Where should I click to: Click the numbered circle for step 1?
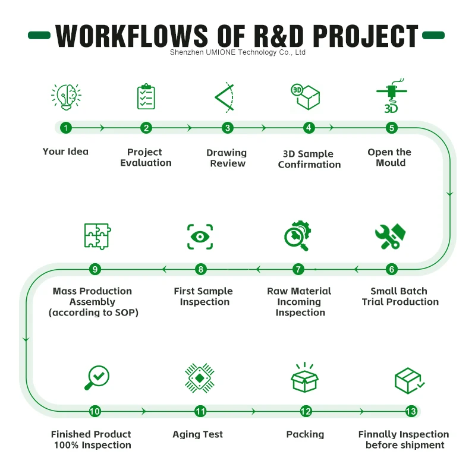click(x=65, y=128)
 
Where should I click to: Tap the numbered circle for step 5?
click(x=391, y=128)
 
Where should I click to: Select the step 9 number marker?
click(x=95, y=269)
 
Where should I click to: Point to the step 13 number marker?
click(x=410, y=411)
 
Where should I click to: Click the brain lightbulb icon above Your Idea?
click(x=66, y=96)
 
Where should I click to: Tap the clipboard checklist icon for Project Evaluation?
click(x=146, y=96)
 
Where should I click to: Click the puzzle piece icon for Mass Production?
click(x=97, y=236)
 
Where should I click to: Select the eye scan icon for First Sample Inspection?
click(x=200, y=236)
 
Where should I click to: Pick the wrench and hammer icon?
click(x=390, y=236)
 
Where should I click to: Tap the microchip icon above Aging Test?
click(x=200, y=377)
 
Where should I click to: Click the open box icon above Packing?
click(x=304, y=377)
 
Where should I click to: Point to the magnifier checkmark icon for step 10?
click(x=97, y=377)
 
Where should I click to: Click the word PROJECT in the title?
click(x=366, y=36)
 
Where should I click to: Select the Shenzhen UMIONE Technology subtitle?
click(x=237, y=52)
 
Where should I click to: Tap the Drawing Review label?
click(x=227, y=158)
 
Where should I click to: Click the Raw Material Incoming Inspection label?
click(x=300, y=302)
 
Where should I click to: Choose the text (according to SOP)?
click(x=93, y=313)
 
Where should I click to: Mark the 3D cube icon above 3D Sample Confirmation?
click(x=306, y=96)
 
